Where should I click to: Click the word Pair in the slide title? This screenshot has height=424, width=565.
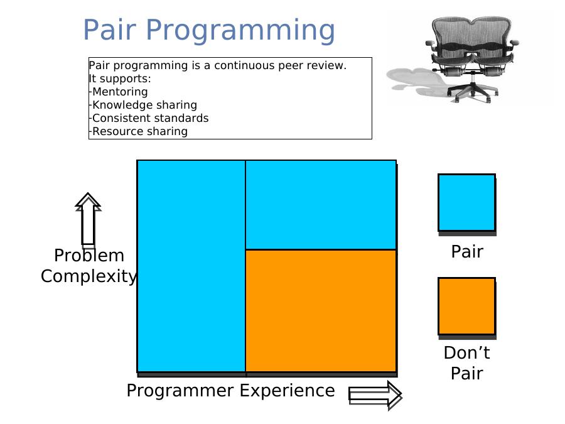coord(109,30)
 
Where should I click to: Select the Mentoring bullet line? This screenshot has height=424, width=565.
coord(118,92)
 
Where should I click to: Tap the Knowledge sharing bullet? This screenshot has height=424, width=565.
coord(143,105)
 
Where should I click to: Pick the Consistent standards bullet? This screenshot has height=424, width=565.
coord(149,118)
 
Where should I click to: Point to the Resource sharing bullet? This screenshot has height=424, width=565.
coord(138,131)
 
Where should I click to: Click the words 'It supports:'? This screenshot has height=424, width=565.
coord(120,79)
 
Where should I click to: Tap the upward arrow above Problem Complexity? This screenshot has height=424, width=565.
coord(88,219)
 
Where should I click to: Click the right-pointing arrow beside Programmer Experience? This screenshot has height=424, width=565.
coord(375,395)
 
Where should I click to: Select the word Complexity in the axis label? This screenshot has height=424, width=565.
coord(89,276)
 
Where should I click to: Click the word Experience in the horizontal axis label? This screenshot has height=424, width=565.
coord(287,391)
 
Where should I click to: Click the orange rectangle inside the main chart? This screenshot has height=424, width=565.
coord(321,310)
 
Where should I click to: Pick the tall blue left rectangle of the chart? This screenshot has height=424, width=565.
coord(191,266)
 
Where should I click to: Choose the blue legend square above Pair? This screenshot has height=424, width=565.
coord(466,203)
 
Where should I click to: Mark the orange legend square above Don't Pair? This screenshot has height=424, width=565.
coord(466,306)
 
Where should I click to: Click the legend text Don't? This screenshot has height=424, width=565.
coord(466,352)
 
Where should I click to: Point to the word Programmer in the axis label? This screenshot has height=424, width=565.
coord(180,391)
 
